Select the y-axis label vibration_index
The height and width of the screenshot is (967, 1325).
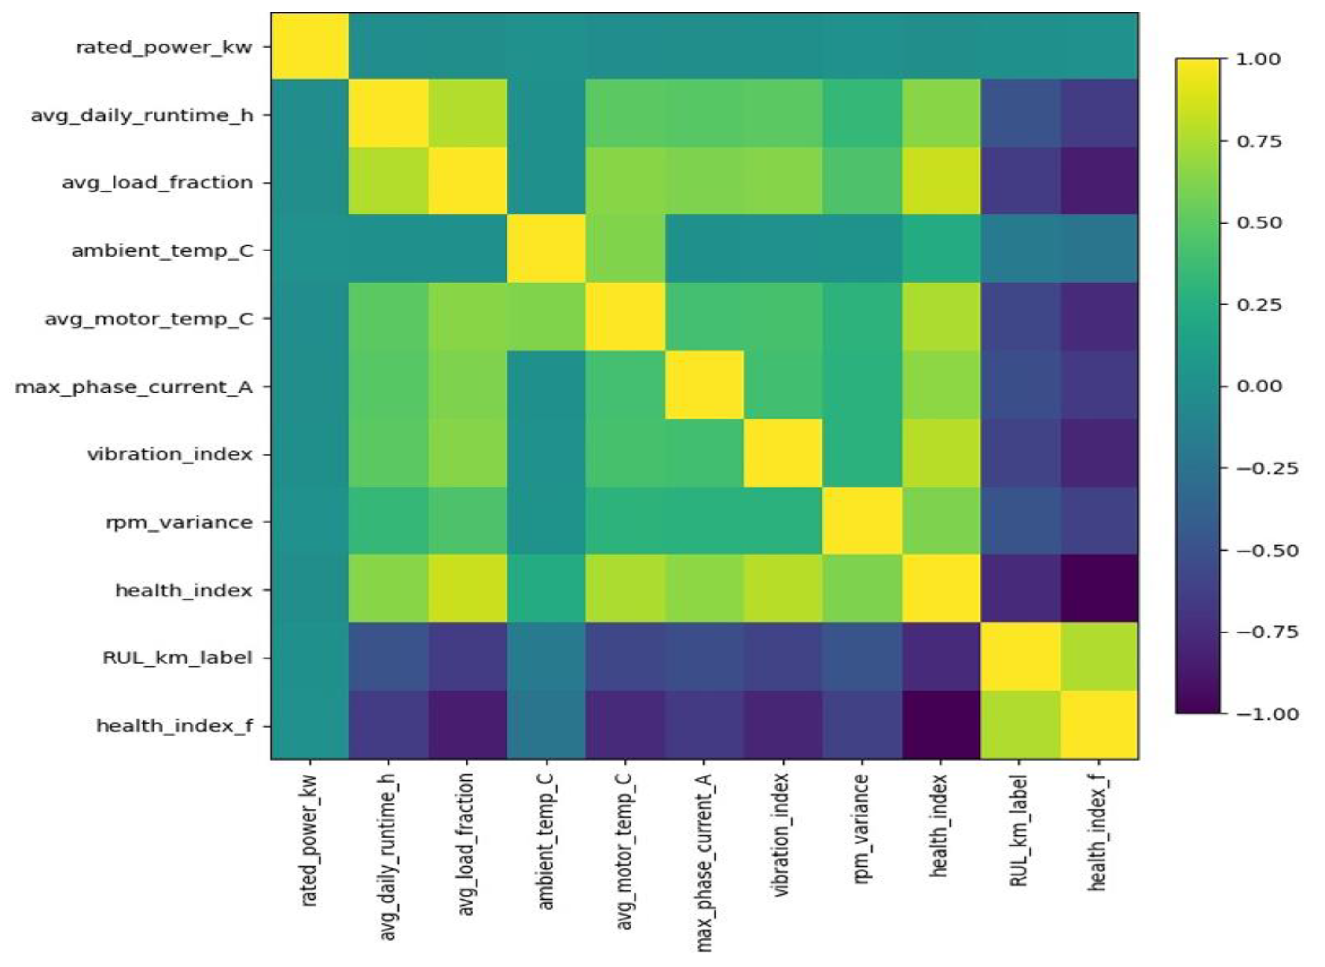[x=170, y=454]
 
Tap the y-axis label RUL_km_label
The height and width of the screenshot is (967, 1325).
[x=177, y=658]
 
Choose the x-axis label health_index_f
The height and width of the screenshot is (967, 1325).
[x=1097, y=832]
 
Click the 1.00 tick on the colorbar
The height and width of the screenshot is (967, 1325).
[x=1258, y=59]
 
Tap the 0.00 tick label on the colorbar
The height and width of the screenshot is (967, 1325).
[x=1258, y=386]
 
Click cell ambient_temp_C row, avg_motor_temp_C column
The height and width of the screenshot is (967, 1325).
[x=624, y=250]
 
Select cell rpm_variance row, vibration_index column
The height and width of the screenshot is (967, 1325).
[x=782, y=521]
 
